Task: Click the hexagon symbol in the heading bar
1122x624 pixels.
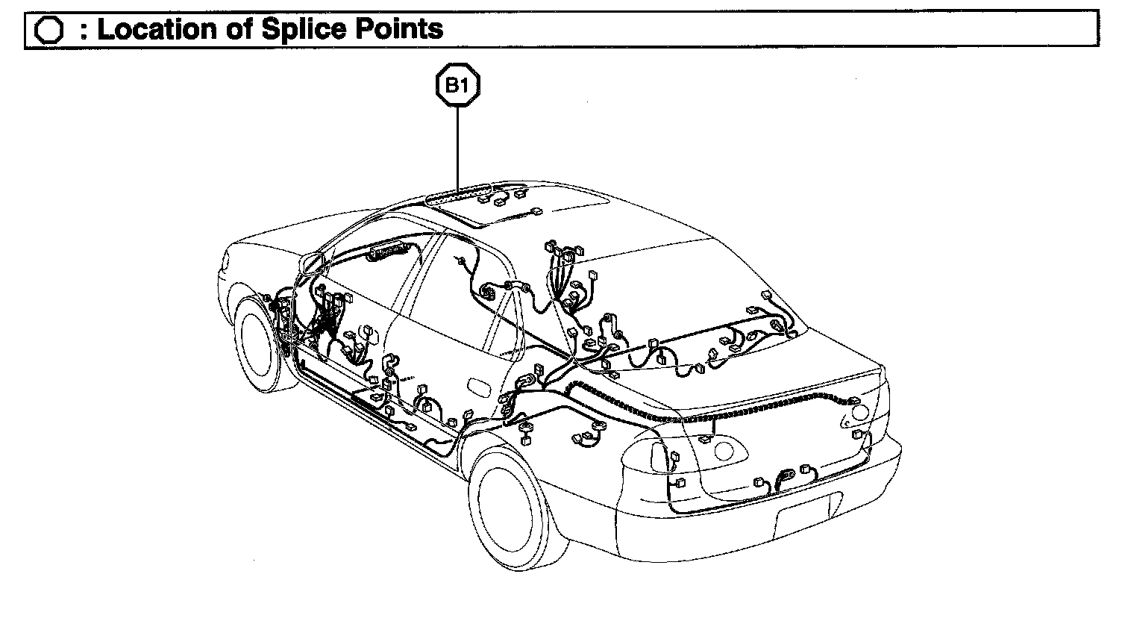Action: pyautogui.click(x=48, y=31)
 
